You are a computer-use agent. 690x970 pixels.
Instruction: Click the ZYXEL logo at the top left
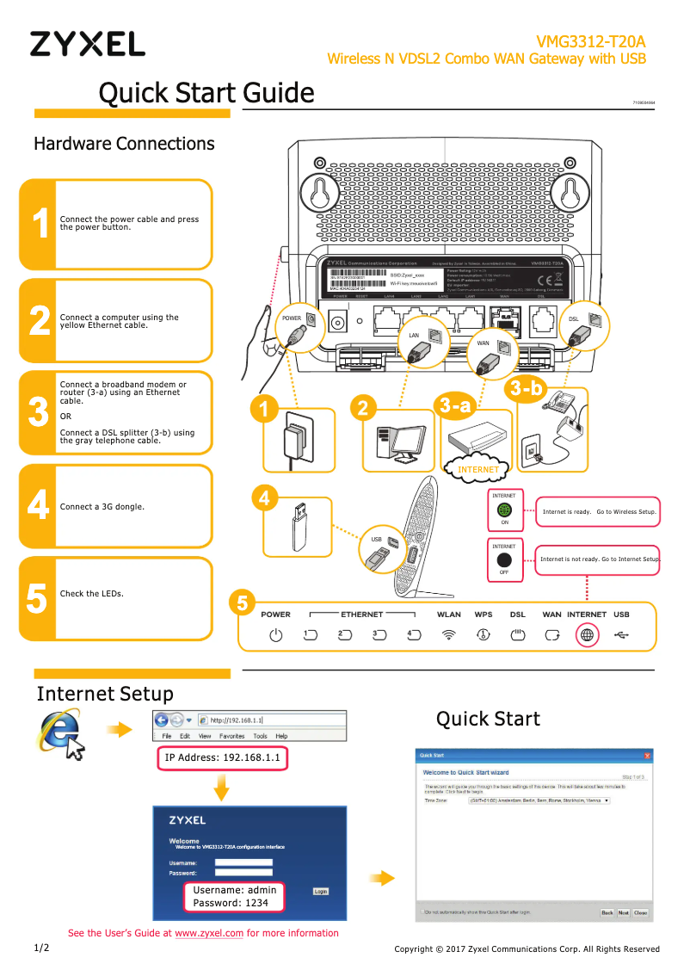[87, 44]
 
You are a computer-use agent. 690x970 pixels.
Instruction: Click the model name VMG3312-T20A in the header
[590, 41]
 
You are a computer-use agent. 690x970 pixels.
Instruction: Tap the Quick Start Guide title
[206, 92]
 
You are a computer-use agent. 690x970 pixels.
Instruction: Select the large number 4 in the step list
[38, 505]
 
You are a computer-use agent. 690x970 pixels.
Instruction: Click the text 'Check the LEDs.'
[91, 594]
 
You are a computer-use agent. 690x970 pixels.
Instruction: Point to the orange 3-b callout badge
[526, 388]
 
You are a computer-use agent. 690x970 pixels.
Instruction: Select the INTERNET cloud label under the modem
[478, 469]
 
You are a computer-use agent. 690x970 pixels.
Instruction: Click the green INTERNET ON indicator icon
[505, 510]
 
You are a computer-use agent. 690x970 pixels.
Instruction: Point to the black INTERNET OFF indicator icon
[505, 559]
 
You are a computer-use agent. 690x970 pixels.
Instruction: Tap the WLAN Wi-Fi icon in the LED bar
[448, 636]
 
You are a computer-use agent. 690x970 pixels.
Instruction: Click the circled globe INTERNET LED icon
[587, 636]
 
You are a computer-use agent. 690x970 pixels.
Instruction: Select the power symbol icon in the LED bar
[275, 636]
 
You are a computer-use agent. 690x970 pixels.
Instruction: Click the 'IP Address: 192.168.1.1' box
[222, 758]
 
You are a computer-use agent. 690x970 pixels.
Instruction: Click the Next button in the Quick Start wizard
[623, 912]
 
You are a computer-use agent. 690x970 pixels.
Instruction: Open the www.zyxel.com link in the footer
[209, 933]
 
